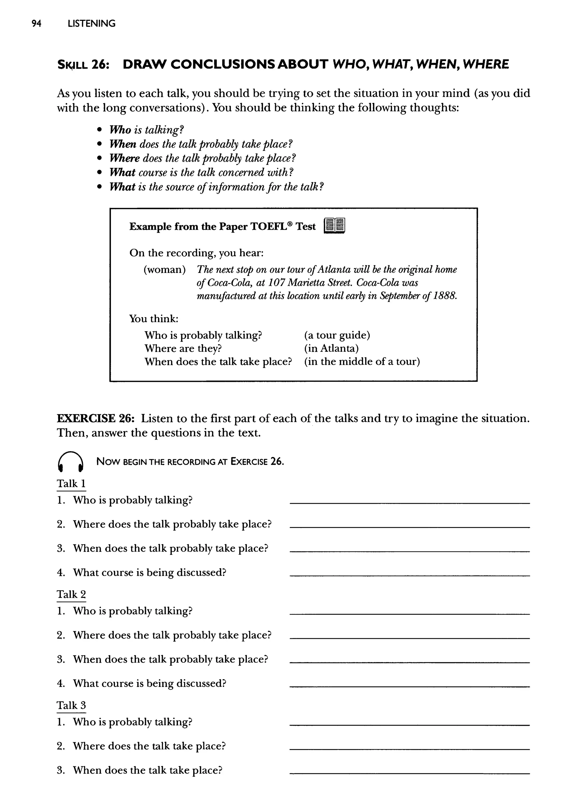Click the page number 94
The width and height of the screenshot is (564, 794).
36,24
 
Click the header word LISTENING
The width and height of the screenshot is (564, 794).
91,24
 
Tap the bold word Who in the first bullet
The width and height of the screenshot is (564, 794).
120,130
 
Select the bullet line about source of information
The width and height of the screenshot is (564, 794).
216,187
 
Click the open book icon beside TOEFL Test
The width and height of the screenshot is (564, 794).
334,226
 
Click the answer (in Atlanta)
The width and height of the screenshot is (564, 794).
331,348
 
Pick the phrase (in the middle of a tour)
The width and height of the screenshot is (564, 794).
362,362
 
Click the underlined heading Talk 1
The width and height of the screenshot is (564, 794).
71,484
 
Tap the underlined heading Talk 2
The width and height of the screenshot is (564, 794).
71,595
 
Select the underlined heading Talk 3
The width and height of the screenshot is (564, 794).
71,705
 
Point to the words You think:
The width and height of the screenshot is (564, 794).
153,318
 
